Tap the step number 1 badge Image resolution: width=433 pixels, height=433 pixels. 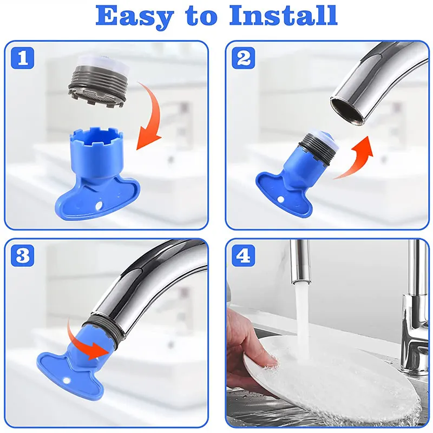click(23, 58)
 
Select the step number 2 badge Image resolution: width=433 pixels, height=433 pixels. click(243, 58)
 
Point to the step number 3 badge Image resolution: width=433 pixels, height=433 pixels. click(23, 255)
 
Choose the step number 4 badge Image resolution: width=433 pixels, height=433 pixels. click(243, 255)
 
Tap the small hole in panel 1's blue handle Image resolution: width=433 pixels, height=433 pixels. click(99, 205)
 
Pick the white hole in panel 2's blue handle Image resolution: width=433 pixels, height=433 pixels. click(280, 199)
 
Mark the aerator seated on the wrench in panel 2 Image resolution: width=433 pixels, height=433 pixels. click(318, 146)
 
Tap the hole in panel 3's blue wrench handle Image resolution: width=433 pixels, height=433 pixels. click(66, 381)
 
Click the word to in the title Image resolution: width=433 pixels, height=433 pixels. click(202, 17)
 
